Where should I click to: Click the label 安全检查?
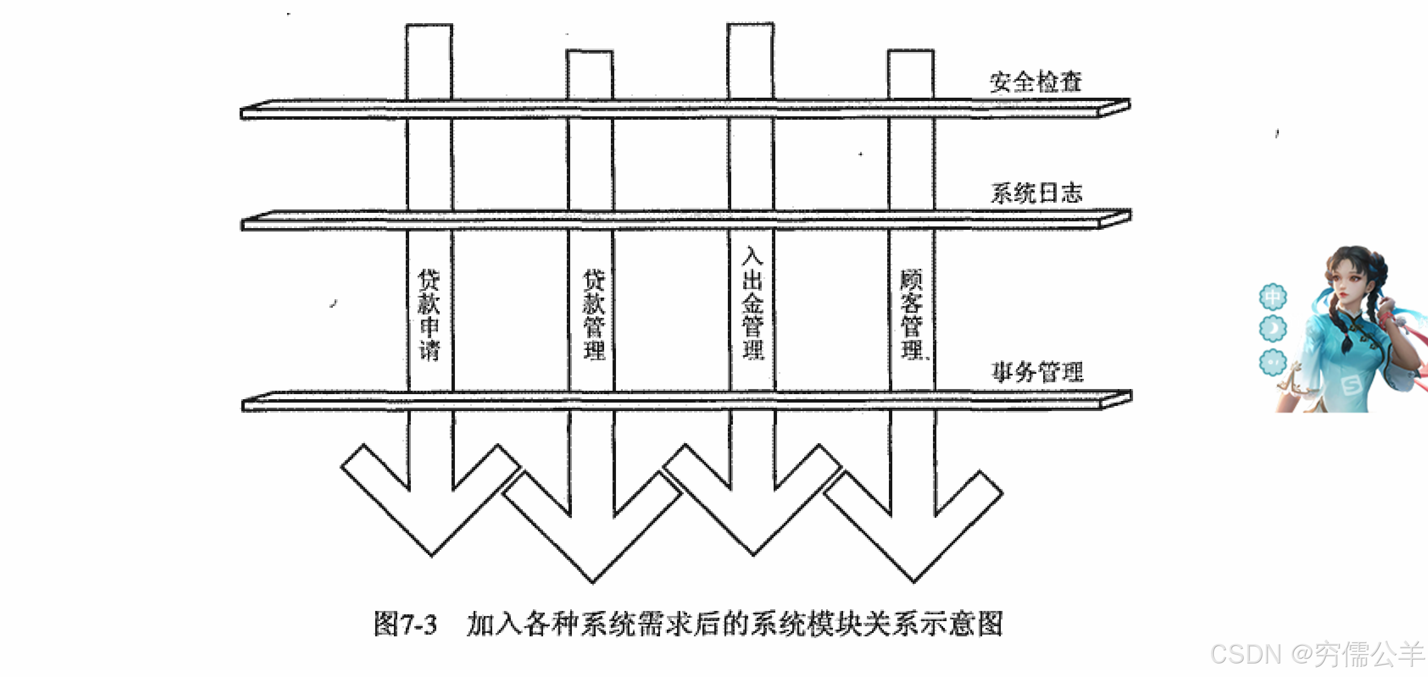click(x=1035, y=82)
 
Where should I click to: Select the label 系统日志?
click(x=1036, y=193)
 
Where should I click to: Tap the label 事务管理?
click(x=1038, y=372)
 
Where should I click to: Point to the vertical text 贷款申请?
click(x=429, y=315)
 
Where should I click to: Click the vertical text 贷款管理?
click(x=594, y=315)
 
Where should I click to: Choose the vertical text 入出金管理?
click(x=753, y=303)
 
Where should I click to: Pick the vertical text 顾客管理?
click(x=912, y=314)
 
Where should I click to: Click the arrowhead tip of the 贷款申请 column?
click(x=432, y=554)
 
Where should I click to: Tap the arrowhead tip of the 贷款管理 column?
click(x=593, y=580)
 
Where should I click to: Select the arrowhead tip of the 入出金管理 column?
click(x=753, y=554)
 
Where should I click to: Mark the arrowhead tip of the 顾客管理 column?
click(x=914, y=580)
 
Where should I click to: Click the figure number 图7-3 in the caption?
click(x=405, y=624)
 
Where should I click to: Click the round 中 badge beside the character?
click(x=1273, y=296)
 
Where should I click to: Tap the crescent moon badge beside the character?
click(x=1273, y=329)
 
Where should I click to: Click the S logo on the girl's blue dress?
click(x=1351, y=385)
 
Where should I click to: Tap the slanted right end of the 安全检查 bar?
click(x=1114, y=107)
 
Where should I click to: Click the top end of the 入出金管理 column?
click(x=750, y=25)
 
